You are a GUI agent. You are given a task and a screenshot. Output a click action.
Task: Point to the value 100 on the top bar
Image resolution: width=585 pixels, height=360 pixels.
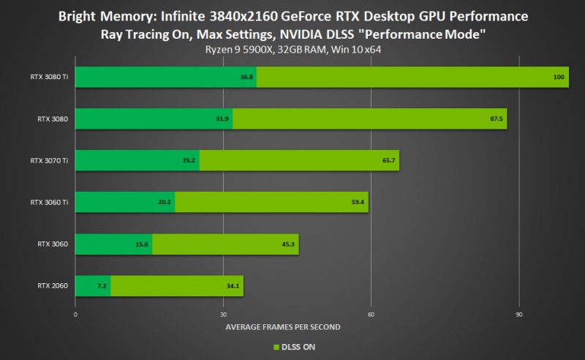[x=559, y=77]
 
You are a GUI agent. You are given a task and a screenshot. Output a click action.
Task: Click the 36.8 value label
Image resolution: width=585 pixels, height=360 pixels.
[x=246, y=77]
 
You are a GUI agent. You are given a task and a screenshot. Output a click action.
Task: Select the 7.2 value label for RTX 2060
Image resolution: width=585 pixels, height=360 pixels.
[x=102, y=285]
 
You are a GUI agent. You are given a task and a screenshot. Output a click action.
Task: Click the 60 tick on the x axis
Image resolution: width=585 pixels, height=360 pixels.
[x=371, y=314]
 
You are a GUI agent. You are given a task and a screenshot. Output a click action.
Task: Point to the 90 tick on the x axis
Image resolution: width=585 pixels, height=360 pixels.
[x=519, y=314]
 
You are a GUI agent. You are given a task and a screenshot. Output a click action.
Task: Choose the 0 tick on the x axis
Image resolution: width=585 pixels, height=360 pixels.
[x=75, y=314]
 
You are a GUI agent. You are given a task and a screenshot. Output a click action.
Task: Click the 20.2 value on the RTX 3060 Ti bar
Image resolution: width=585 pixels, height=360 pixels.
[x=164, y=202]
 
